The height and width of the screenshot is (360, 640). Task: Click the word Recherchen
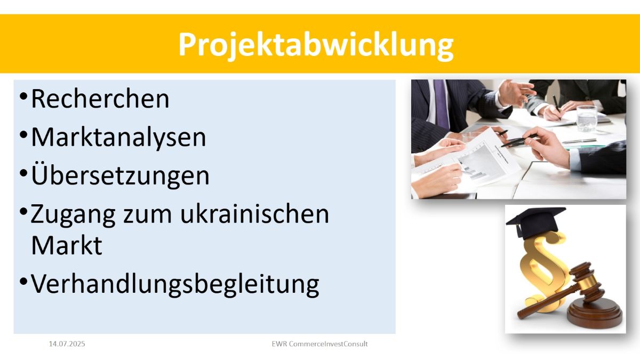tap(100, 99)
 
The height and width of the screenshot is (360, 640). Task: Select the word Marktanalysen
tap(118, 138)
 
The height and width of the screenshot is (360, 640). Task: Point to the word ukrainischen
tap(255, 214)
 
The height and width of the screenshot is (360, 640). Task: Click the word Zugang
tap(73, 215)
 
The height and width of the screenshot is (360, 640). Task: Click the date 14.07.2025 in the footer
tap(67, 343)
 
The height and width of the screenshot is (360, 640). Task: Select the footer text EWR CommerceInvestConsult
tap(319, 343)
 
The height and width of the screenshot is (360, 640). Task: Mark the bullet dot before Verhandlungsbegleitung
tap(23, 281)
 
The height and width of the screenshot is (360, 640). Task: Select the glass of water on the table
tap(586, 119)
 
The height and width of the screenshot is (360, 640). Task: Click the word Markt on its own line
tap(67, 245)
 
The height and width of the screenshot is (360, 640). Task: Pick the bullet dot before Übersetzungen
tap(23, 173)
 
